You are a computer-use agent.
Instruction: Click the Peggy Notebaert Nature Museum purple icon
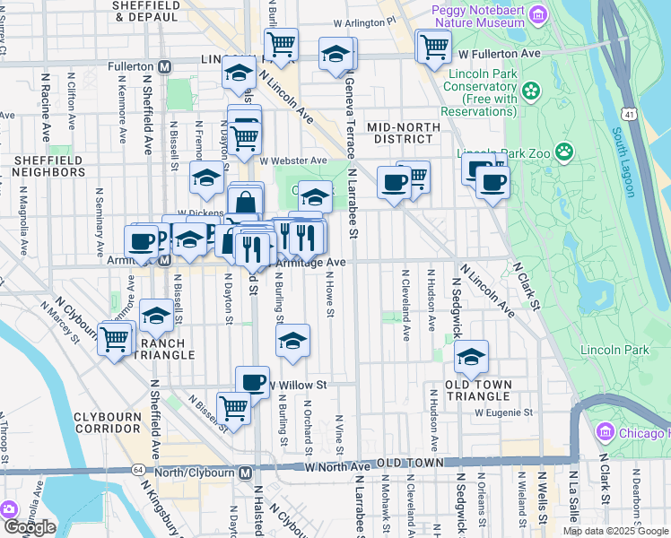coord(537,14)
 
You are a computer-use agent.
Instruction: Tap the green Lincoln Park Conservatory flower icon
coord(531,91)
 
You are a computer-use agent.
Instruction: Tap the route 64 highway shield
coord(137,469)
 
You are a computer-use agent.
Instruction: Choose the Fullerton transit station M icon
coord(164,66)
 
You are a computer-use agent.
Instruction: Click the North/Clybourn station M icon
coord(245,472)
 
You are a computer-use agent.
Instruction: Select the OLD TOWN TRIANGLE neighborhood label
coord(479,390)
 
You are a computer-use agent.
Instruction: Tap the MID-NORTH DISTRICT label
coord(404,133)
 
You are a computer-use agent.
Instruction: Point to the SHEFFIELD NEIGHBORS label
coord(48,166)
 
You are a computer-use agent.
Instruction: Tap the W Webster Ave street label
coord(293,160)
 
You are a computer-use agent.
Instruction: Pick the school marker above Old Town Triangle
coord(471,358)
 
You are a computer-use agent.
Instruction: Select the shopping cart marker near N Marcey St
coord(115,341)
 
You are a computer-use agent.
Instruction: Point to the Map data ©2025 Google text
coord(615,531)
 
